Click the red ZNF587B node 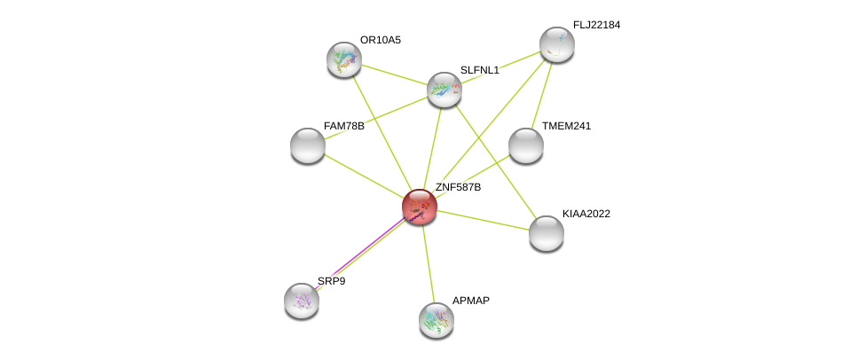420,207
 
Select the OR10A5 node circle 344,59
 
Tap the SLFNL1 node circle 444,89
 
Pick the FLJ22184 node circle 557,44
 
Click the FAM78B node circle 308,145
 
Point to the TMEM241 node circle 526,145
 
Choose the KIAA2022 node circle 547,233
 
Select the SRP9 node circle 302,301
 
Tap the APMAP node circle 436,320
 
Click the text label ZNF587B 458,187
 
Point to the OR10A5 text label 380,40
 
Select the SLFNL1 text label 479,70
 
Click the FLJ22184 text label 596,25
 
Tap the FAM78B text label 343,126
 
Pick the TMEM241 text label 566,126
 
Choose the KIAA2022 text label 586,214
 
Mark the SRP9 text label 331,281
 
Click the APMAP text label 470,301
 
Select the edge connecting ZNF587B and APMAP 428,262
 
